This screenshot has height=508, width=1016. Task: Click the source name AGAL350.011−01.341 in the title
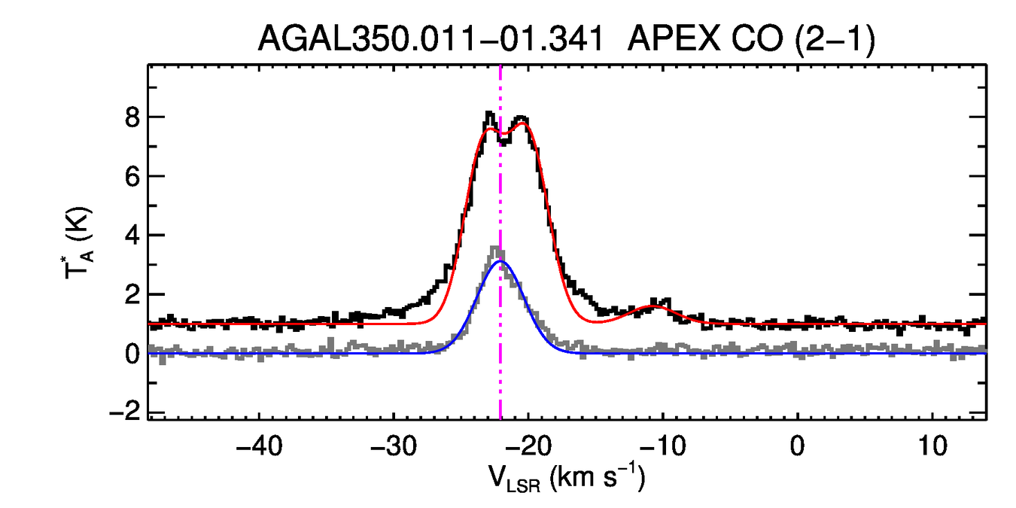point(429,39)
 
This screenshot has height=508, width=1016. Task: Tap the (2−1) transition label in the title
point(835,39)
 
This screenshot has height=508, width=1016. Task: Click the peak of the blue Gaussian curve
point(500,261)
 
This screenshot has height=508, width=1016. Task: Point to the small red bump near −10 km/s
point(656,306)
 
